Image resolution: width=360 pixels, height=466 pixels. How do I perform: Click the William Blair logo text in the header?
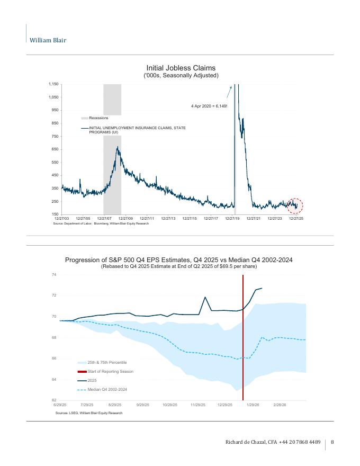point(48,40)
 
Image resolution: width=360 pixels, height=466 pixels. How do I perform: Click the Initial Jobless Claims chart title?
point(181,68)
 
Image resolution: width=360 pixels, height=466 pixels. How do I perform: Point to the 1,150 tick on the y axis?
point(52,84)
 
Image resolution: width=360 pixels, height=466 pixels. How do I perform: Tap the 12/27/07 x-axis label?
point(105,218)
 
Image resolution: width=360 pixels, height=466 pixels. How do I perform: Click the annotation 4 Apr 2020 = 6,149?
point(209,106)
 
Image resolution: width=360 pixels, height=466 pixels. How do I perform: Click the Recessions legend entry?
point(98,118)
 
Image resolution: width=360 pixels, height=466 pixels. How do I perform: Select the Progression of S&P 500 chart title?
point(179,260)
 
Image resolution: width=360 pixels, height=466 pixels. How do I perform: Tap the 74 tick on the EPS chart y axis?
point(54,274)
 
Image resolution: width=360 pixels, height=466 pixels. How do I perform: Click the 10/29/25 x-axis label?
point(170,405)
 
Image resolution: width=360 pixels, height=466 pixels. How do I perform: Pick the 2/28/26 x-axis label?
point(280,405)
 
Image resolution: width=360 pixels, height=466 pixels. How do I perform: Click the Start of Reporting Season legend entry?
point(110,371)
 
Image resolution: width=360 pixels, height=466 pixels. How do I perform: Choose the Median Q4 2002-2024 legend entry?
point(107,390)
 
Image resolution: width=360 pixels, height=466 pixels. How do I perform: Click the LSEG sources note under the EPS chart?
point(88,413)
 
